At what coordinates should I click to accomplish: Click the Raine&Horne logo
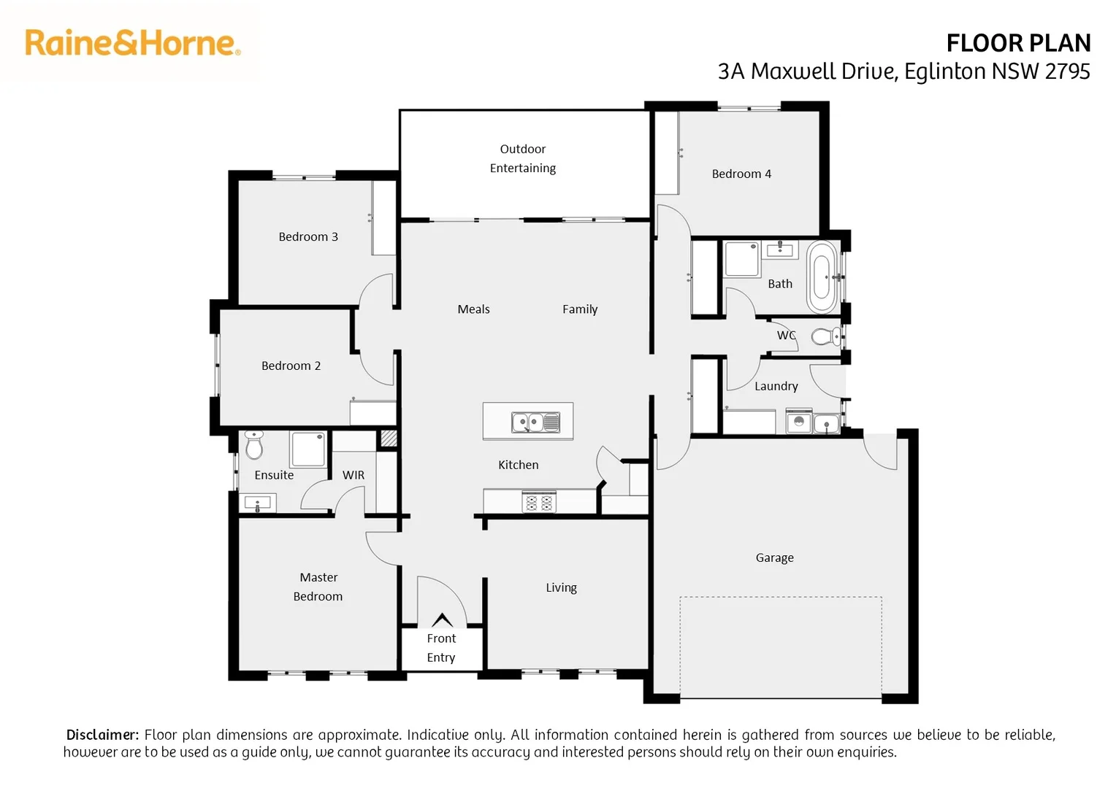[132, 43]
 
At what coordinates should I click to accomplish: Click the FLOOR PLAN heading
[1017, 44]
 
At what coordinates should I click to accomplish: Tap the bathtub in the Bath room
[822, 277]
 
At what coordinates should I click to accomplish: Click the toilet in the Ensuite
[254, 445]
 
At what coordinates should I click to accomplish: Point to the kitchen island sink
[535, 422]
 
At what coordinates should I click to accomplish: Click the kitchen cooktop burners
[539, 502]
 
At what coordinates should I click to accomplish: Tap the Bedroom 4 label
[741, 174]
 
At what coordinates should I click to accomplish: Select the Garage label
[774, 557]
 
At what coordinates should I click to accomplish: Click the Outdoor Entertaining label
[523, 158]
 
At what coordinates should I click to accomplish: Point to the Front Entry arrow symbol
[442, 620]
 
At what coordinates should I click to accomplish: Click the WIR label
[353, 475]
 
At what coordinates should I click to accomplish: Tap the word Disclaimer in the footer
[102, 735]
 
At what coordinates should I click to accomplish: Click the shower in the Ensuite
[308, 449]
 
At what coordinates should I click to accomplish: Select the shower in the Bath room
[742, 259]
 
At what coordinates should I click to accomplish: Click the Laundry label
[776, 386]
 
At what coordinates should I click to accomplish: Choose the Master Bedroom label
[318, 587]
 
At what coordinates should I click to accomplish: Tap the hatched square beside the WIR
[389, 439]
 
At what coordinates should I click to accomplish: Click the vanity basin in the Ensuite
[257, 503]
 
